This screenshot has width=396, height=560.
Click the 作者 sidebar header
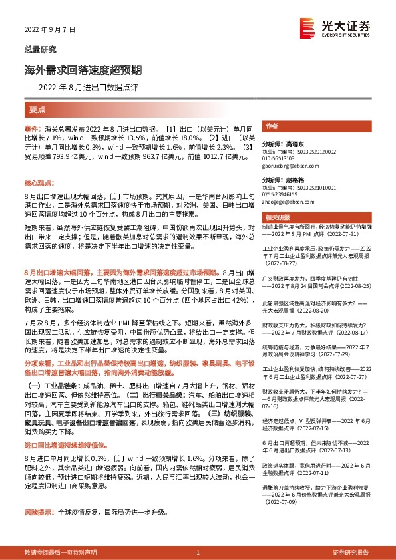click(x=272, y=126)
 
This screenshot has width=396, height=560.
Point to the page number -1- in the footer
click(x=198, y=553)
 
